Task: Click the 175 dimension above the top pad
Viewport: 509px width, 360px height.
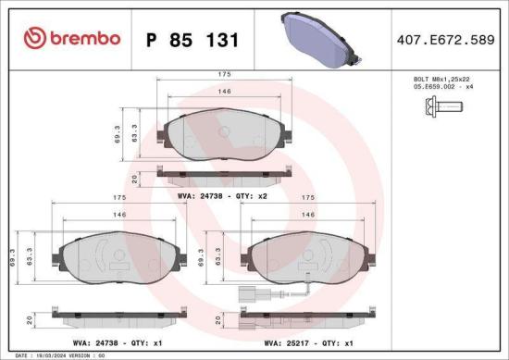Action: pyautogui.click(x=225, y=73)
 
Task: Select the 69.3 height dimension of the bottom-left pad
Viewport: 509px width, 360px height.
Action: pyautogui.click(x=10, y=255)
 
